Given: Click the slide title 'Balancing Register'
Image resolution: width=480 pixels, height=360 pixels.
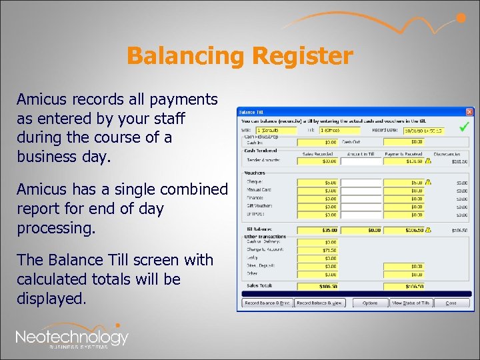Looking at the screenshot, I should (239, 56).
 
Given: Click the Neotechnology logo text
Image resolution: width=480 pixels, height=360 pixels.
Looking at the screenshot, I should (72, 337).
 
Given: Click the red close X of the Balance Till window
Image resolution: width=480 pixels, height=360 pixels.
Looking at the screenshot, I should (469, 111).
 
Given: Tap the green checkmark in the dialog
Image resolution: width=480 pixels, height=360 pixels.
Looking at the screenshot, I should (464, 126).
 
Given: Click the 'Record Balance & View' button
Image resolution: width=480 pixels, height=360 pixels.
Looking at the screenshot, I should (320, 303).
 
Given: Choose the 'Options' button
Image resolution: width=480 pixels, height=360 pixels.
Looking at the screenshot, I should (370, 303).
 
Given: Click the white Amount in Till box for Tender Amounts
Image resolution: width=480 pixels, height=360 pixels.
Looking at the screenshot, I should (361, 161).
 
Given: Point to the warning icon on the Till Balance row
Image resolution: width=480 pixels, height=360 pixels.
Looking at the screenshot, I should (428, 229).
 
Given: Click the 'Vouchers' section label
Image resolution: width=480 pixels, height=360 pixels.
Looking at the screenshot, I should (252, 172).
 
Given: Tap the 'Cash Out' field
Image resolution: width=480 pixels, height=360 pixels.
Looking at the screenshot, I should (405, 141).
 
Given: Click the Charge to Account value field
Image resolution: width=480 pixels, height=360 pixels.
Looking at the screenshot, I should (318, 249).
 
